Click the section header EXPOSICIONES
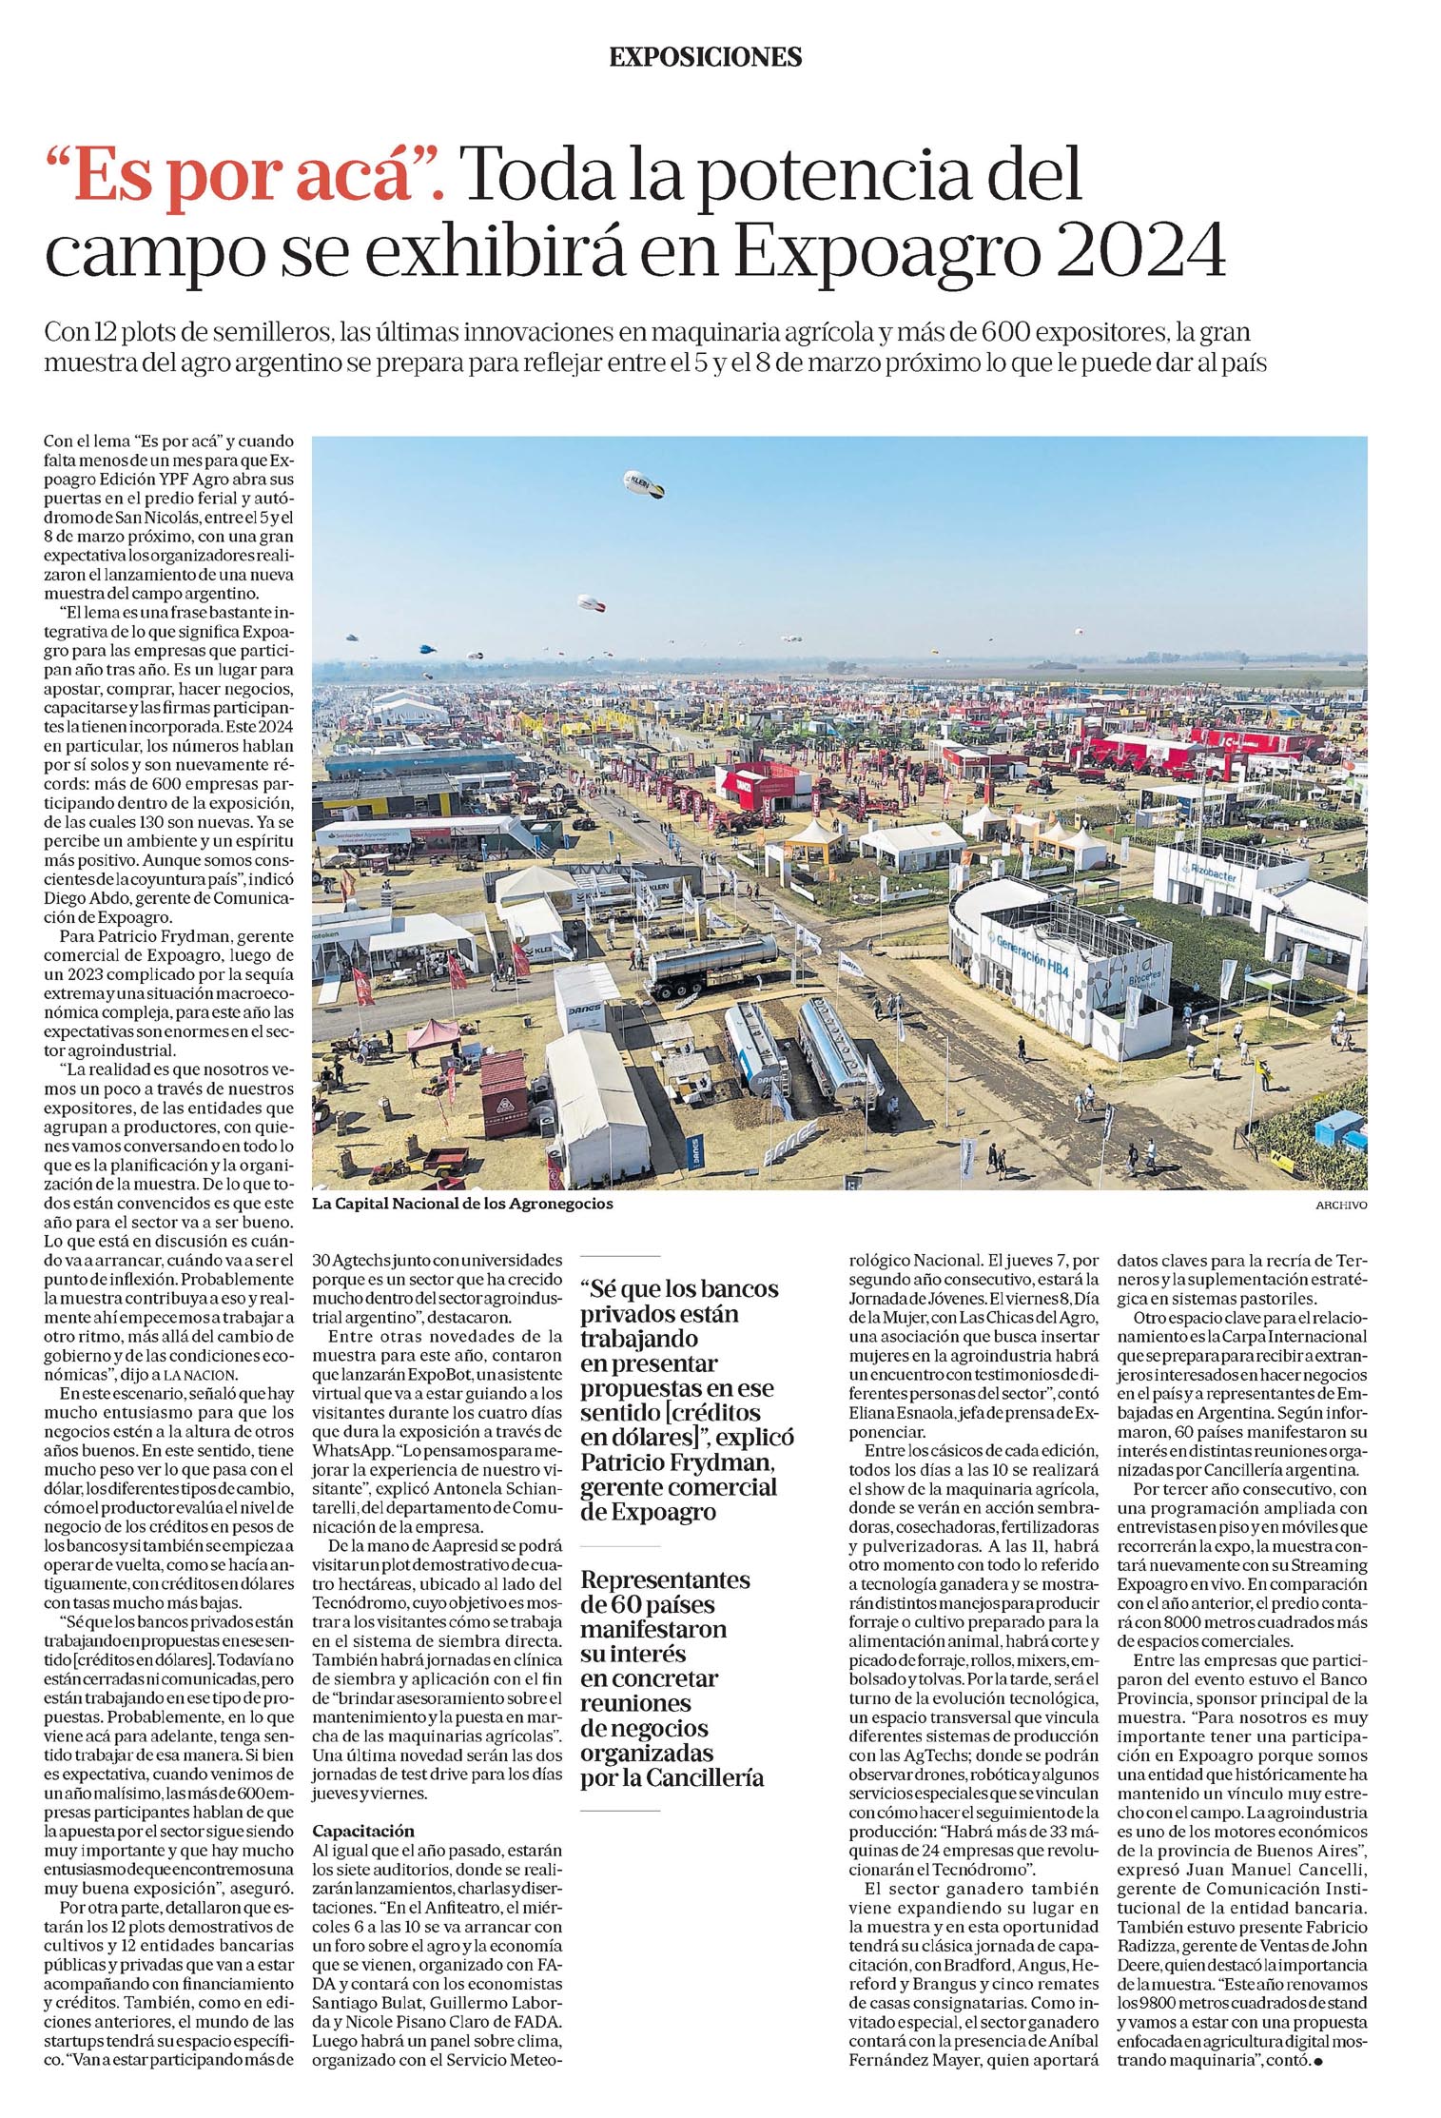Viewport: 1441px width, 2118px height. [x=705, y=57]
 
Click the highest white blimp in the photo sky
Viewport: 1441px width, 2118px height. [x=644, y=484]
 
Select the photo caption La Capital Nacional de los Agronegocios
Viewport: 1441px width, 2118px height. [x=462, y=1204]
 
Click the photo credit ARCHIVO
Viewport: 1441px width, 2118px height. [x=1341, y=1205]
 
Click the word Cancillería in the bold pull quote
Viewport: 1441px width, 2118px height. [x=703, y=1777]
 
